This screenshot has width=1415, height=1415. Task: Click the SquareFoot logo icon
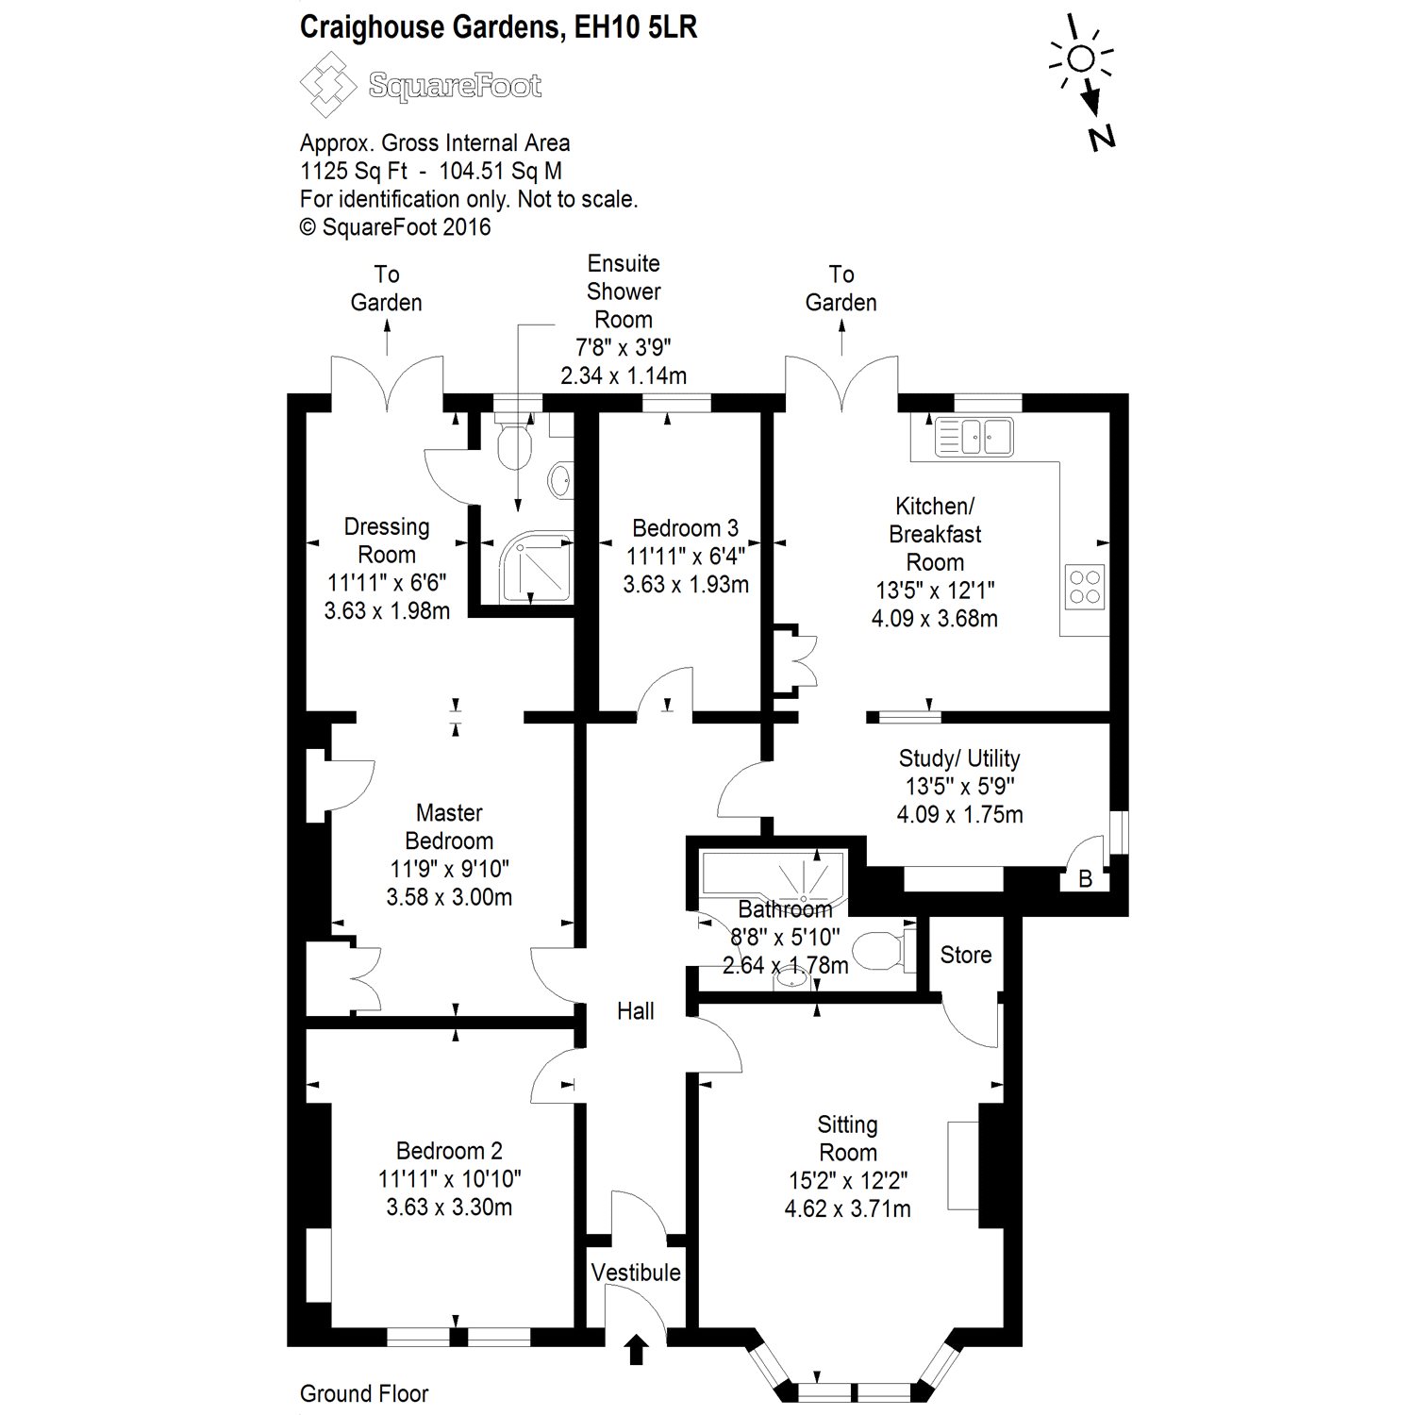click(x=328, y=84)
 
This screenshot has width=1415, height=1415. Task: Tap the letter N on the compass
click(x=1100, y=137)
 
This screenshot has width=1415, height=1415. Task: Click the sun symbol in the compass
click(x=1081, y=59)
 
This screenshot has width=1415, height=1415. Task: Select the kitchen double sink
click(x=974, y=436)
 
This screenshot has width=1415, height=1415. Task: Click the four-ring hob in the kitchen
click(x=1085, y=584)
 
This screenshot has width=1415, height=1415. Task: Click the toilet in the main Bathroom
click(x=887, y=950)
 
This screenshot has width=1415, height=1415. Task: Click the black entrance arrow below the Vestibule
click(x=637, y=1349)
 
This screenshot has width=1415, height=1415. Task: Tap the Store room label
click(x=965, y=955)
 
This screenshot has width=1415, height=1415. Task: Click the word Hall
click(x=635, y=1011)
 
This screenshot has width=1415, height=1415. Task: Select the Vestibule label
click(x=636, y=1273)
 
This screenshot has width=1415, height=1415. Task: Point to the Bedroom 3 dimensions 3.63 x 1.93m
click(x=686, y=585)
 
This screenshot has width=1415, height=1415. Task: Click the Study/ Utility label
click(x=959, y=758)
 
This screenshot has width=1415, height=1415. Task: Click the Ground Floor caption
click(x=364, y=1393)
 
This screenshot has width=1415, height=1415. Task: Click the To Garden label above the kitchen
click(x=841, y=289)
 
